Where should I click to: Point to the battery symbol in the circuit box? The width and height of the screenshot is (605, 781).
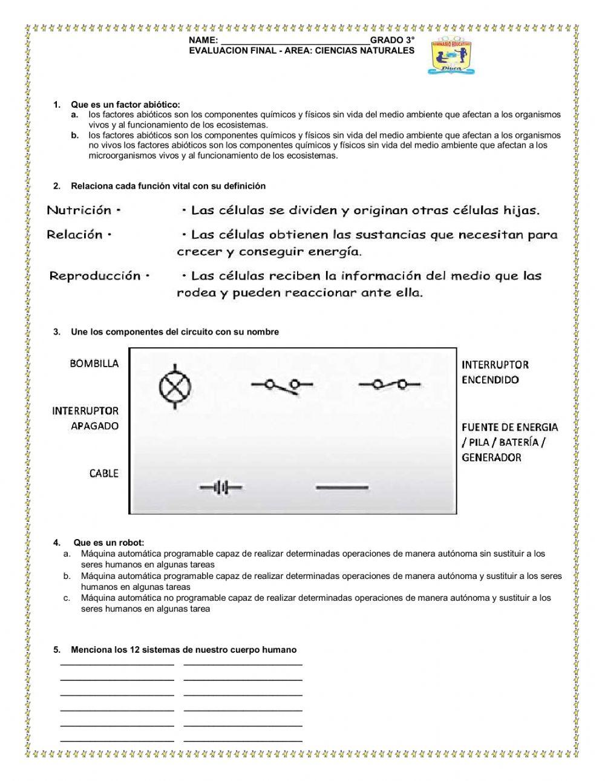pos(221,487)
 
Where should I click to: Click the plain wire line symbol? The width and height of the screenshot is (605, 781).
pos(342,487)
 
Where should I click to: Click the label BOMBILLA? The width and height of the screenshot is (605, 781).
pos(94,364)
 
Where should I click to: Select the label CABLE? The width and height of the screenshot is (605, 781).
pos(104,474)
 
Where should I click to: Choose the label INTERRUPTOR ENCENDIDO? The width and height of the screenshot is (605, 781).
pos(494,372)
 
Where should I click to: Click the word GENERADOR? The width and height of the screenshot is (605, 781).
pos(491,457)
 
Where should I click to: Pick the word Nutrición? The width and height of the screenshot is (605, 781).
pos(79,211)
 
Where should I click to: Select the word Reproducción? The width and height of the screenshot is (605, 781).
pos(95,276)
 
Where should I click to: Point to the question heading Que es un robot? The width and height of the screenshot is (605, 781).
pos(109,542)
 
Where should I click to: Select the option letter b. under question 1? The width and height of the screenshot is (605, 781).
pos(75,136)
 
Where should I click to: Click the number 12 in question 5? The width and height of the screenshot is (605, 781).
pos(135,650)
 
